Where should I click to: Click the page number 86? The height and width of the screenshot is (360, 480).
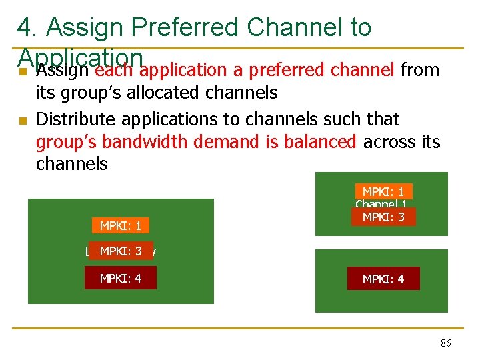click(x=445, y=343)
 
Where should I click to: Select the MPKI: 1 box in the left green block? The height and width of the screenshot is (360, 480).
click(x=120, y=226)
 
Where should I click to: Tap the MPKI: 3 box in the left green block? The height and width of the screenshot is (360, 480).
click(x=120, y=251)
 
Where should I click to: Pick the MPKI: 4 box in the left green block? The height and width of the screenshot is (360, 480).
click(x=120, y=278)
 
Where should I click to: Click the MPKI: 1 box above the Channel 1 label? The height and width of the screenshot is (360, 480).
click(x=383, y=191)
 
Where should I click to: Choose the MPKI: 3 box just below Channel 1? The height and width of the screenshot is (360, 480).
click(x=383, y=217)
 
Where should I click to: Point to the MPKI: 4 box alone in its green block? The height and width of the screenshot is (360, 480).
click(x=383, y=279)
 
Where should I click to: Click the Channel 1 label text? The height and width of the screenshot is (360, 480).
click(x=382, y=204)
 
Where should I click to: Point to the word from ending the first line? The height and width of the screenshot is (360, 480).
click(x=421, y=69)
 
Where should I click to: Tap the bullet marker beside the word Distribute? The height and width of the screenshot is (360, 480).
click(x=23, y=121)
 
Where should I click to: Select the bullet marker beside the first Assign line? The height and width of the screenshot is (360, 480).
click(x=23, y=71)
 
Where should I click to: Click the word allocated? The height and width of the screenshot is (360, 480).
click(x=171, y=92)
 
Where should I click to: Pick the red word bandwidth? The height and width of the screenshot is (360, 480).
click(x=131, y=142)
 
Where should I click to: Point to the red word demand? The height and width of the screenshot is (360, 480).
click(x=205, y=142)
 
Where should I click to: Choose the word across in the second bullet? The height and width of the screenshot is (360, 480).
click(x=387, y=142)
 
